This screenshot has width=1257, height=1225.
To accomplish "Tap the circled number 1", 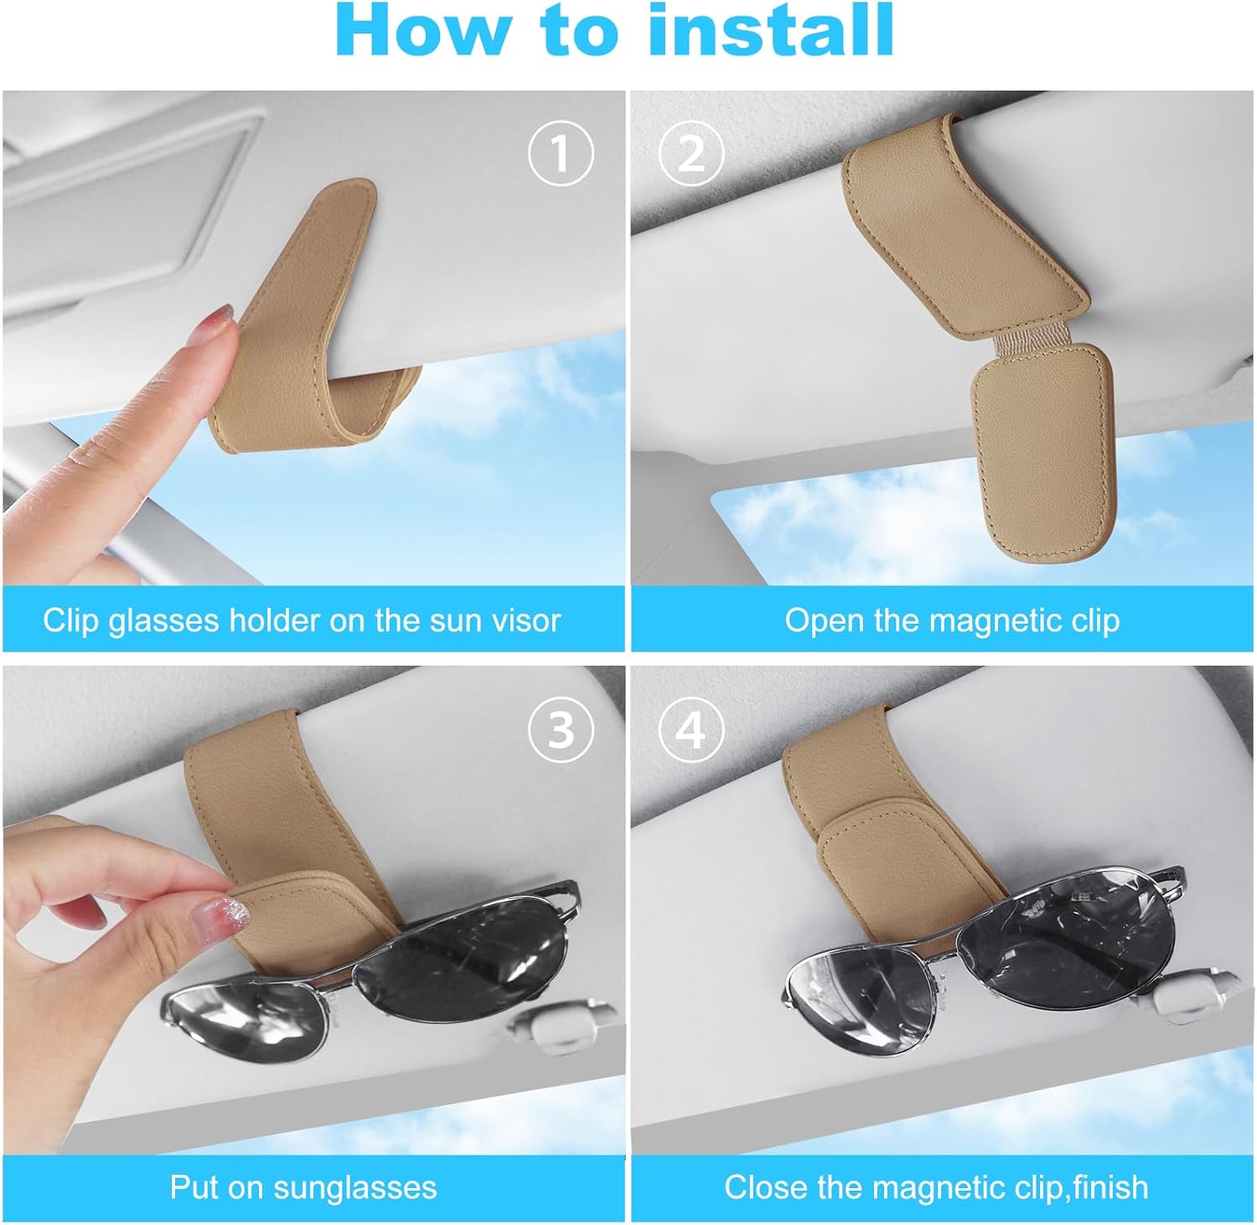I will coord(560,153).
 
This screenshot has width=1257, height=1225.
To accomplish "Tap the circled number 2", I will coord(691,153).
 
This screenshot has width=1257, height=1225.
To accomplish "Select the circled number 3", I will coord(560,730).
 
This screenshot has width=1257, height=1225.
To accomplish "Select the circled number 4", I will coord(691,730).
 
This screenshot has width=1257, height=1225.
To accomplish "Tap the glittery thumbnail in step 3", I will coord(215,913).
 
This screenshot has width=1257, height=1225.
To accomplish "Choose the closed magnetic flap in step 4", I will coord(872,855).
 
